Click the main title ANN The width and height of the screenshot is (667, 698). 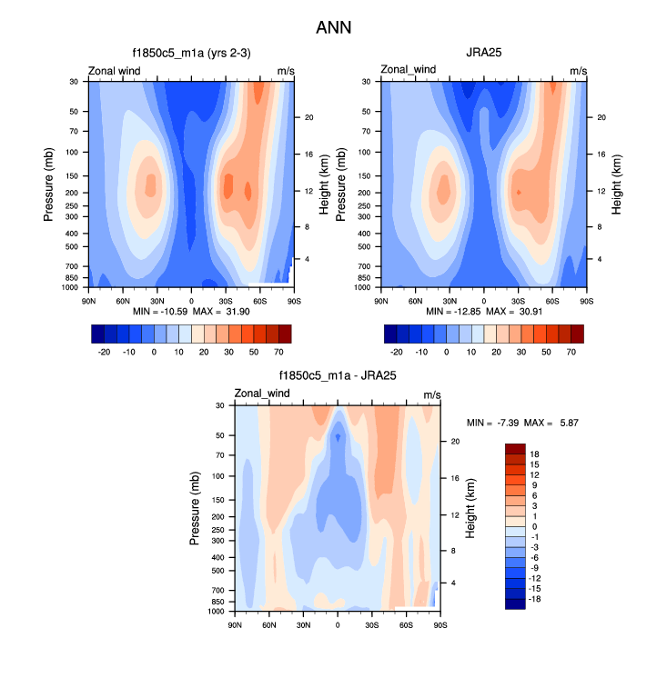click(x=333, y=28)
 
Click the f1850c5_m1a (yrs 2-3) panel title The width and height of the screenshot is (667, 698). click(x=190, y=53)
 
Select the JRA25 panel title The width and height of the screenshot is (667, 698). click(x=483, y=53)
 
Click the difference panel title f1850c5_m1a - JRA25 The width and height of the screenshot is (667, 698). click(x=337, y=374)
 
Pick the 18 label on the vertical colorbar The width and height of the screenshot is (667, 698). click(x=535, y=454)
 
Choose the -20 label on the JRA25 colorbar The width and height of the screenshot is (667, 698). click(x=397, y=350)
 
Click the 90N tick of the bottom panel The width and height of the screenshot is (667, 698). click(x=235, y=623)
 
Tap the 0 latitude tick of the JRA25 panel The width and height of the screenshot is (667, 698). click(x=484, y=300)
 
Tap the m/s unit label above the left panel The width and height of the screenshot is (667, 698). click(x=286, y=70)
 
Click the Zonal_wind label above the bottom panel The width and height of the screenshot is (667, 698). click(x=262, y=394)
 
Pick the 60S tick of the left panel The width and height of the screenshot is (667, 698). click(x=259, y=300)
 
